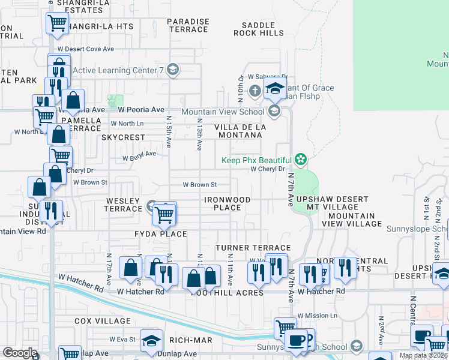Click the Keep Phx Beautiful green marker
point(301,160)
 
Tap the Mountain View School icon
point(274,111)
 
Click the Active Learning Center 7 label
point(118,70)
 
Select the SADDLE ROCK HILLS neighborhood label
point(258,29)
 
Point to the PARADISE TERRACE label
point(188,25)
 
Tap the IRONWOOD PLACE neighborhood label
point(227,203)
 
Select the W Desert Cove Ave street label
point(85,49)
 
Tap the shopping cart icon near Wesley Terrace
point(164,213)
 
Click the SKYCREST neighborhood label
point(123,137)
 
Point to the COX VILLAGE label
point(99,321)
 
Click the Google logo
point(20,353)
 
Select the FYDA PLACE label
point(160,234)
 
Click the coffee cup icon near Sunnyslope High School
point(295,340)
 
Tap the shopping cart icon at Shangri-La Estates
point(57,23)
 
